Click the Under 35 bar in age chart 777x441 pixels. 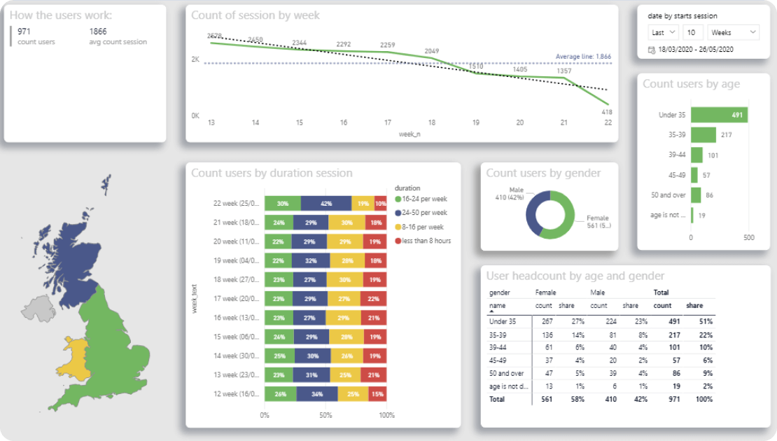pyautogui.click(x=719, y=115)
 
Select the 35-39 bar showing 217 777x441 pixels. pyautogui.click(x=703, y=135)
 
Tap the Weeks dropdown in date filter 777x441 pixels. pyautogui.click(x=733, y=32)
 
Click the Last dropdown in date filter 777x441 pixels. pyautogui.click(x=663, y=32)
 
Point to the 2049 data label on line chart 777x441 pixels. pyautogui.click(x=431, y=51)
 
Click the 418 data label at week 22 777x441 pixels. pyautogui.click(x=607, y=112)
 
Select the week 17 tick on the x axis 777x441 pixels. pyautogui.click(x=387, y=122)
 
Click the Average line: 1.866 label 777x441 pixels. pyautogui.click(x=583, y=57)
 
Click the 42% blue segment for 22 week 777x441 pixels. pyautogui.click(x=326, y=204)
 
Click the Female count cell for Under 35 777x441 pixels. pyautogui.click(x=544, y=322)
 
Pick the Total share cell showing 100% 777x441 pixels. pyautogui.click(x=703, y=399)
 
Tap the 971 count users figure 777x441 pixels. pyautogui.click(x=24, y=31)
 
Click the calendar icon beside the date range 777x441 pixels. pyautogui.click(x=652, y=50)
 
